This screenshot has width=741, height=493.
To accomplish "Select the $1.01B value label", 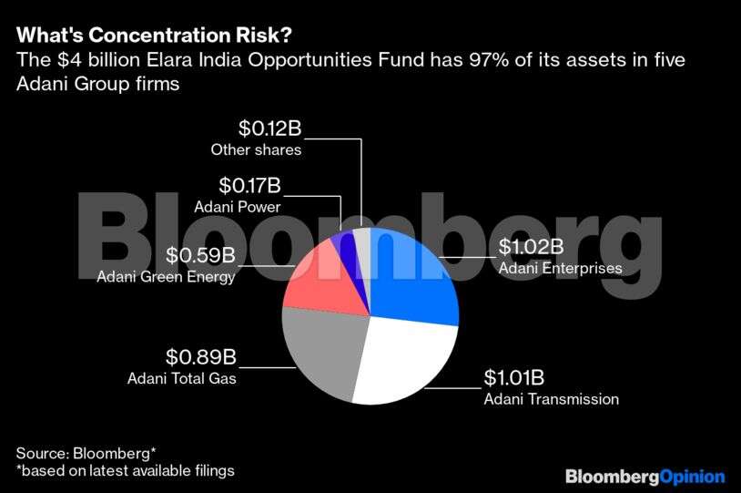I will click(516, 377).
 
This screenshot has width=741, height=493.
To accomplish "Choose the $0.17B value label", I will click(249, 187).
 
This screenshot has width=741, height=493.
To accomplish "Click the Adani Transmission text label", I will click(551, 399).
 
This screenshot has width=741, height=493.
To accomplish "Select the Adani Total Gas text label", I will click(182, 378).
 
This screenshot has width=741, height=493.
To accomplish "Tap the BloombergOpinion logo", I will click(645, 476).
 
